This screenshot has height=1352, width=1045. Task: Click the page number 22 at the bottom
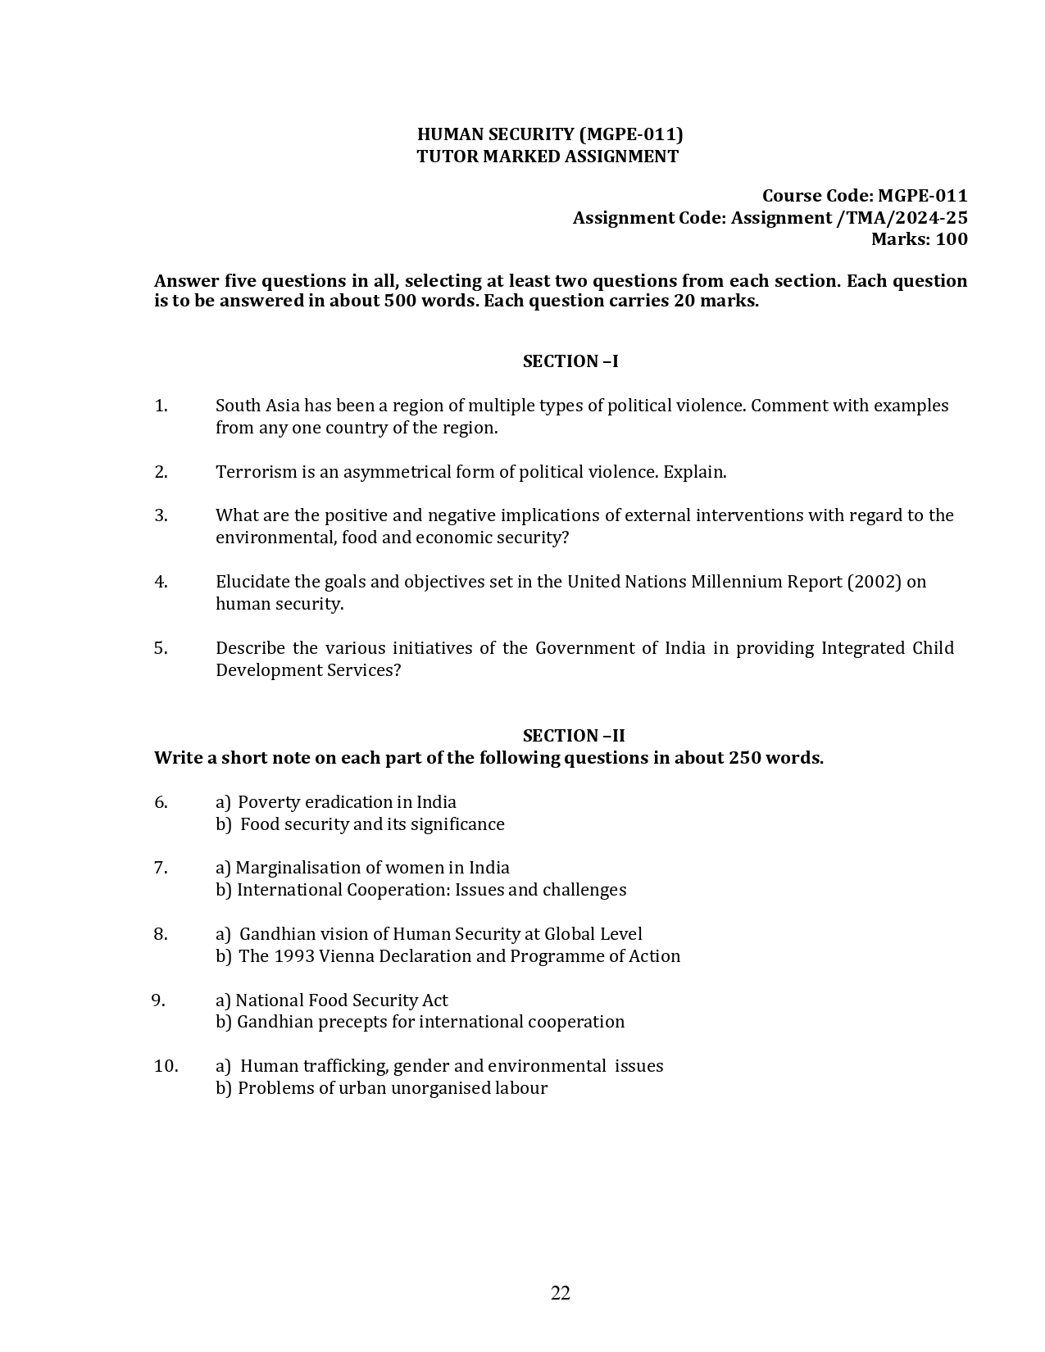(x=561, y=1293)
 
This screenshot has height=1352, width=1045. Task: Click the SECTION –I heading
(x=570, y=361)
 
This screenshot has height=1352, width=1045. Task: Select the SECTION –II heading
(x=574, y=736)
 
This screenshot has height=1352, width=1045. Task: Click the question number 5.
(x=161, y=648)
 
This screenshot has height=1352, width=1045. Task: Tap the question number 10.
(x=166, y=1066)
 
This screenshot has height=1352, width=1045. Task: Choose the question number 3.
(x=161, y=515)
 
